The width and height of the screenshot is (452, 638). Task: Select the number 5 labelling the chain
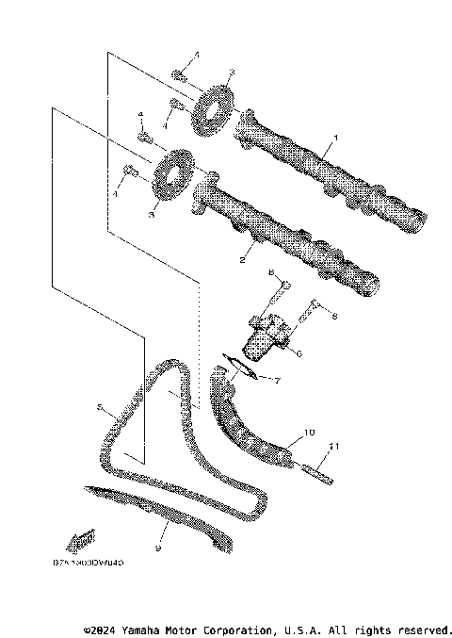(98, 407)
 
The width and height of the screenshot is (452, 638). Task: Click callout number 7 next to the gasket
(278, 380)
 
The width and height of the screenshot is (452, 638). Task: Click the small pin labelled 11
(315, 470)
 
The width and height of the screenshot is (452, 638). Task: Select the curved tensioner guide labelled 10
(250, 429)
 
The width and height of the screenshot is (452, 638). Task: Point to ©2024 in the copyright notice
(101, 629)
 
